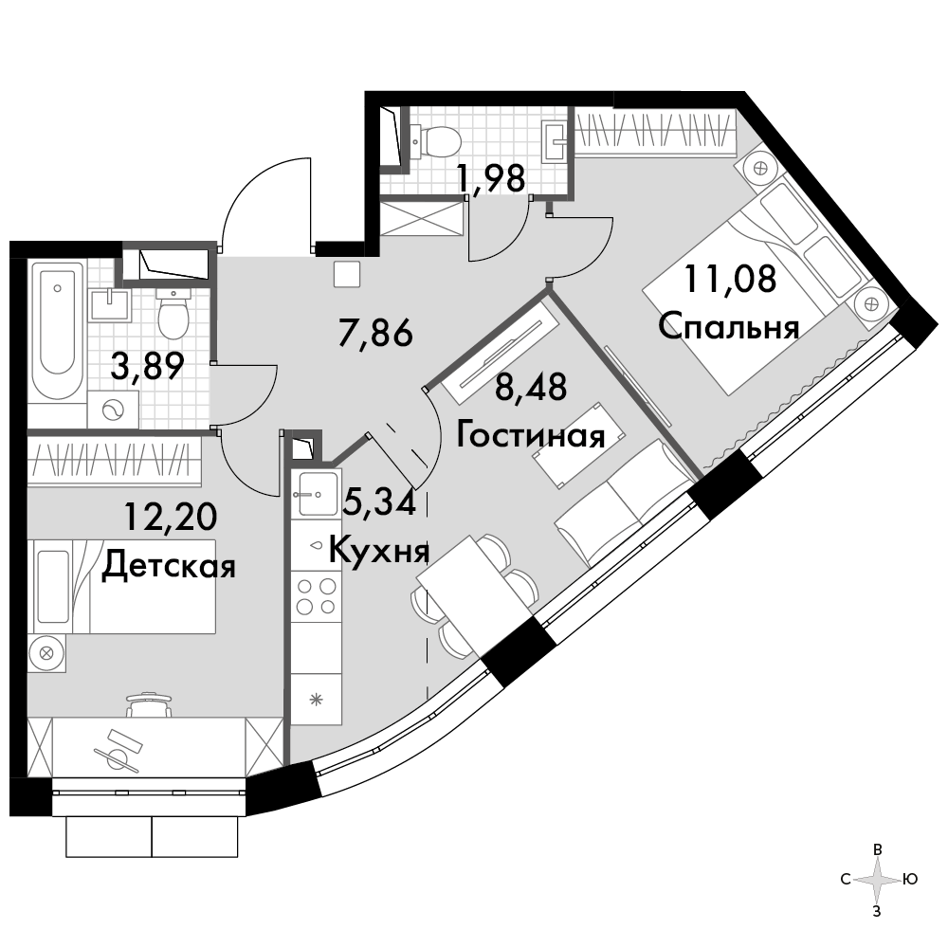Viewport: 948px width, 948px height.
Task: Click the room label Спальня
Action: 728,326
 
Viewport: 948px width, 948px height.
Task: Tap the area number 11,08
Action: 730,280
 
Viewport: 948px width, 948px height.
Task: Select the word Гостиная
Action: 530,435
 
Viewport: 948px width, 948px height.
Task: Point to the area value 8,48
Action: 531,388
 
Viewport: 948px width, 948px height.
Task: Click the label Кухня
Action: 379,550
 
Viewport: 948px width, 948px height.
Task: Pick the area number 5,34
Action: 379,502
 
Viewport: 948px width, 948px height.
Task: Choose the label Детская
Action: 168,567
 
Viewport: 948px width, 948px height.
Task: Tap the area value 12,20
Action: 171,517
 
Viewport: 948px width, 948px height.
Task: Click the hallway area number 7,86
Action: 375,333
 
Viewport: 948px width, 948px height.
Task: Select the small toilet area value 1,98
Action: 491,179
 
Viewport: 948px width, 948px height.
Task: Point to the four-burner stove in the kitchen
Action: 317,596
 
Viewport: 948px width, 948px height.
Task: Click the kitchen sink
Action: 316,493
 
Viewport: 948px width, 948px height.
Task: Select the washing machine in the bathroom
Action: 113,410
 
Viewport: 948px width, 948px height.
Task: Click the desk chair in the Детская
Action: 149,705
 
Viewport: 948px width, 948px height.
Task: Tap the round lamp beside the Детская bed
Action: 46,653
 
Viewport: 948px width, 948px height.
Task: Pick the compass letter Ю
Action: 910,879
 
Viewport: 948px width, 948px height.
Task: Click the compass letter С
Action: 846,879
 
